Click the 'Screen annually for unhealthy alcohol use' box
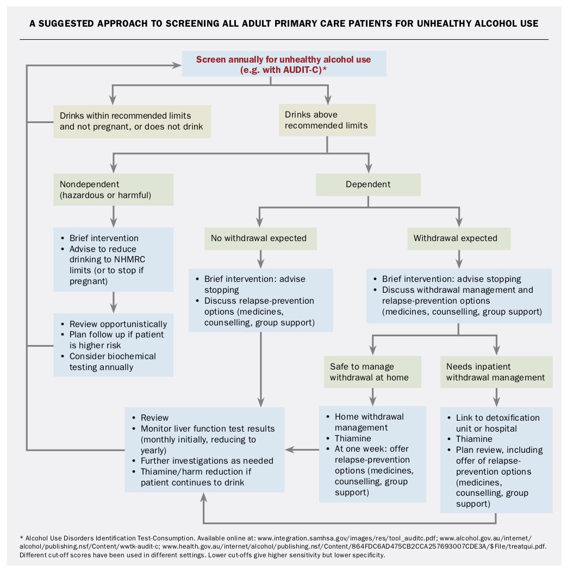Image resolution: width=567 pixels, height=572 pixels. [x=283, y=64]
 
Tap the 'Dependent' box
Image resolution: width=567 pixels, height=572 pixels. [x=368, y=184]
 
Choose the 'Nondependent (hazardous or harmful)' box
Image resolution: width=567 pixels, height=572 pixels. [x=113, y=189]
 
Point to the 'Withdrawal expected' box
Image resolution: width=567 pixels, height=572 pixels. [x=459, y=238]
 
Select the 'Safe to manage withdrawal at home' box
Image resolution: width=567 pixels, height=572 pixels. [x=372, y=372]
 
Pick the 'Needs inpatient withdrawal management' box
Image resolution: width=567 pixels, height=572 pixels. [x=496, y=372]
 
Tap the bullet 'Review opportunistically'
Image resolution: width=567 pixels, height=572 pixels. [x=118, y=324]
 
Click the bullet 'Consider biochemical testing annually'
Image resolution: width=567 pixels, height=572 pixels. [x=113, y=361]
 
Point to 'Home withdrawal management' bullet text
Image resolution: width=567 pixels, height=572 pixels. [x=369, y=422]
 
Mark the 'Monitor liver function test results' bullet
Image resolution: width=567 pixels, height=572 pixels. [x=208, y=428]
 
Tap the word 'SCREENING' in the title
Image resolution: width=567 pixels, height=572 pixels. [x=208, y=23]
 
